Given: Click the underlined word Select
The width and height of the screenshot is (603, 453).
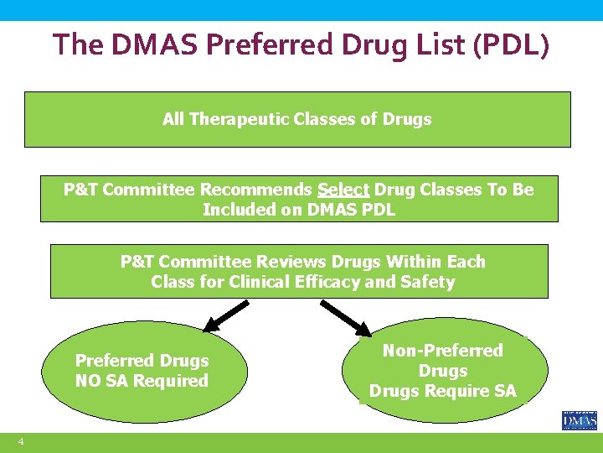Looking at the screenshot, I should (x=343, y=190).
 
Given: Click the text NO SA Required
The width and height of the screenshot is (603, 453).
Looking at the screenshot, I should (x=142, y=381).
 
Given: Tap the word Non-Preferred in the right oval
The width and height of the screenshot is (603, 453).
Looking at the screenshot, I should (x=443, y=351).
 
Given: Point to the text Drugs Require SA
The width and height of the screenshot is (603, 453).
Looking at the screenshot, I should (x=443, y=391).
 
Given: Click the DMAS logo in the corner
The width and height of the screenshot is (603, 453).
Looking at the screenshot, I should (x=579, y=419).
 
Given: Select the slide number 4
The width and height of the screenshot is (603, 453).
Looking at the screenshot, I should (x=21, y=442).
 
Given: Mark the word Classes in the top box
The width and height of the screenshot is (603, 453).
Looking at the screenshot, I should (x=326, y=119).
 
